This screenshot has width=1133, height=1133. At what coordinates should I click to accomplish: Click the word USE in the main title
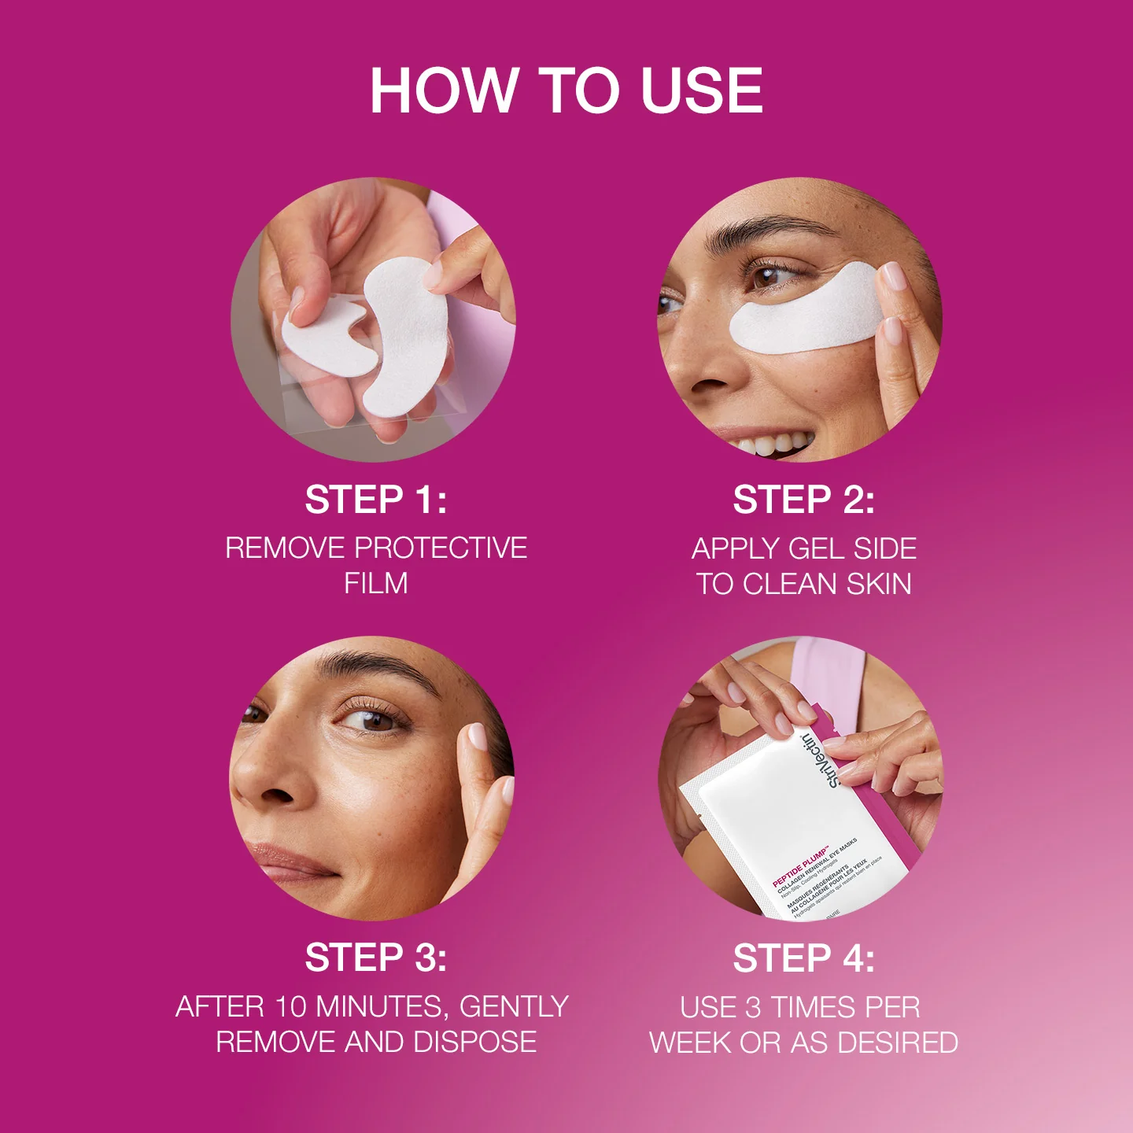tap(701, 90)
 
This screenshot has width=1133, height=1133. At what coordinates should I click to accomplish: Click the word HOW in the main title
tap(443, 90)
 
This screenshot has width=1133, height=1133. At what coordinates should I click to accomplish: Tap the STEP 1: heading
tap(376, 500)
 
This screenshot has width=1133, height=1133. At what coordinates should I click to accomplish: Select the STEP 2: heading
tap(803, 500)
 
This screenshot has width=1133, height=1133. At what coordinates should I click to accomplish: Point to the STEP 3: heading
tap(376, 958)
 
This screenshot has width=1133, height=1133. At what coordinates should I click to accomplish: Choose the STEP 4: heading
tap(803, 958)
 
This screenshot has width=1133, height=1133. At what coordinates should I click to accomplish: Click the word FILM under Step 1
tap(376, 583)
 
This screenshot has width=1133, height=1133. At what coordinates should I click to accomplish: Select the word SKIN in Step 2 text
tap(878, 584)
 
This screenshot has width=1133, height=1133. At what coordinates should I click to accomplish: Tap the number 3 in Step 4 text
tap(754, 1007)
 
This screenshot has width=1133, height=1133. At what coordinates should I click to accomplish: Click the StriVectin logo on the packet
tap(819, 759)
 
